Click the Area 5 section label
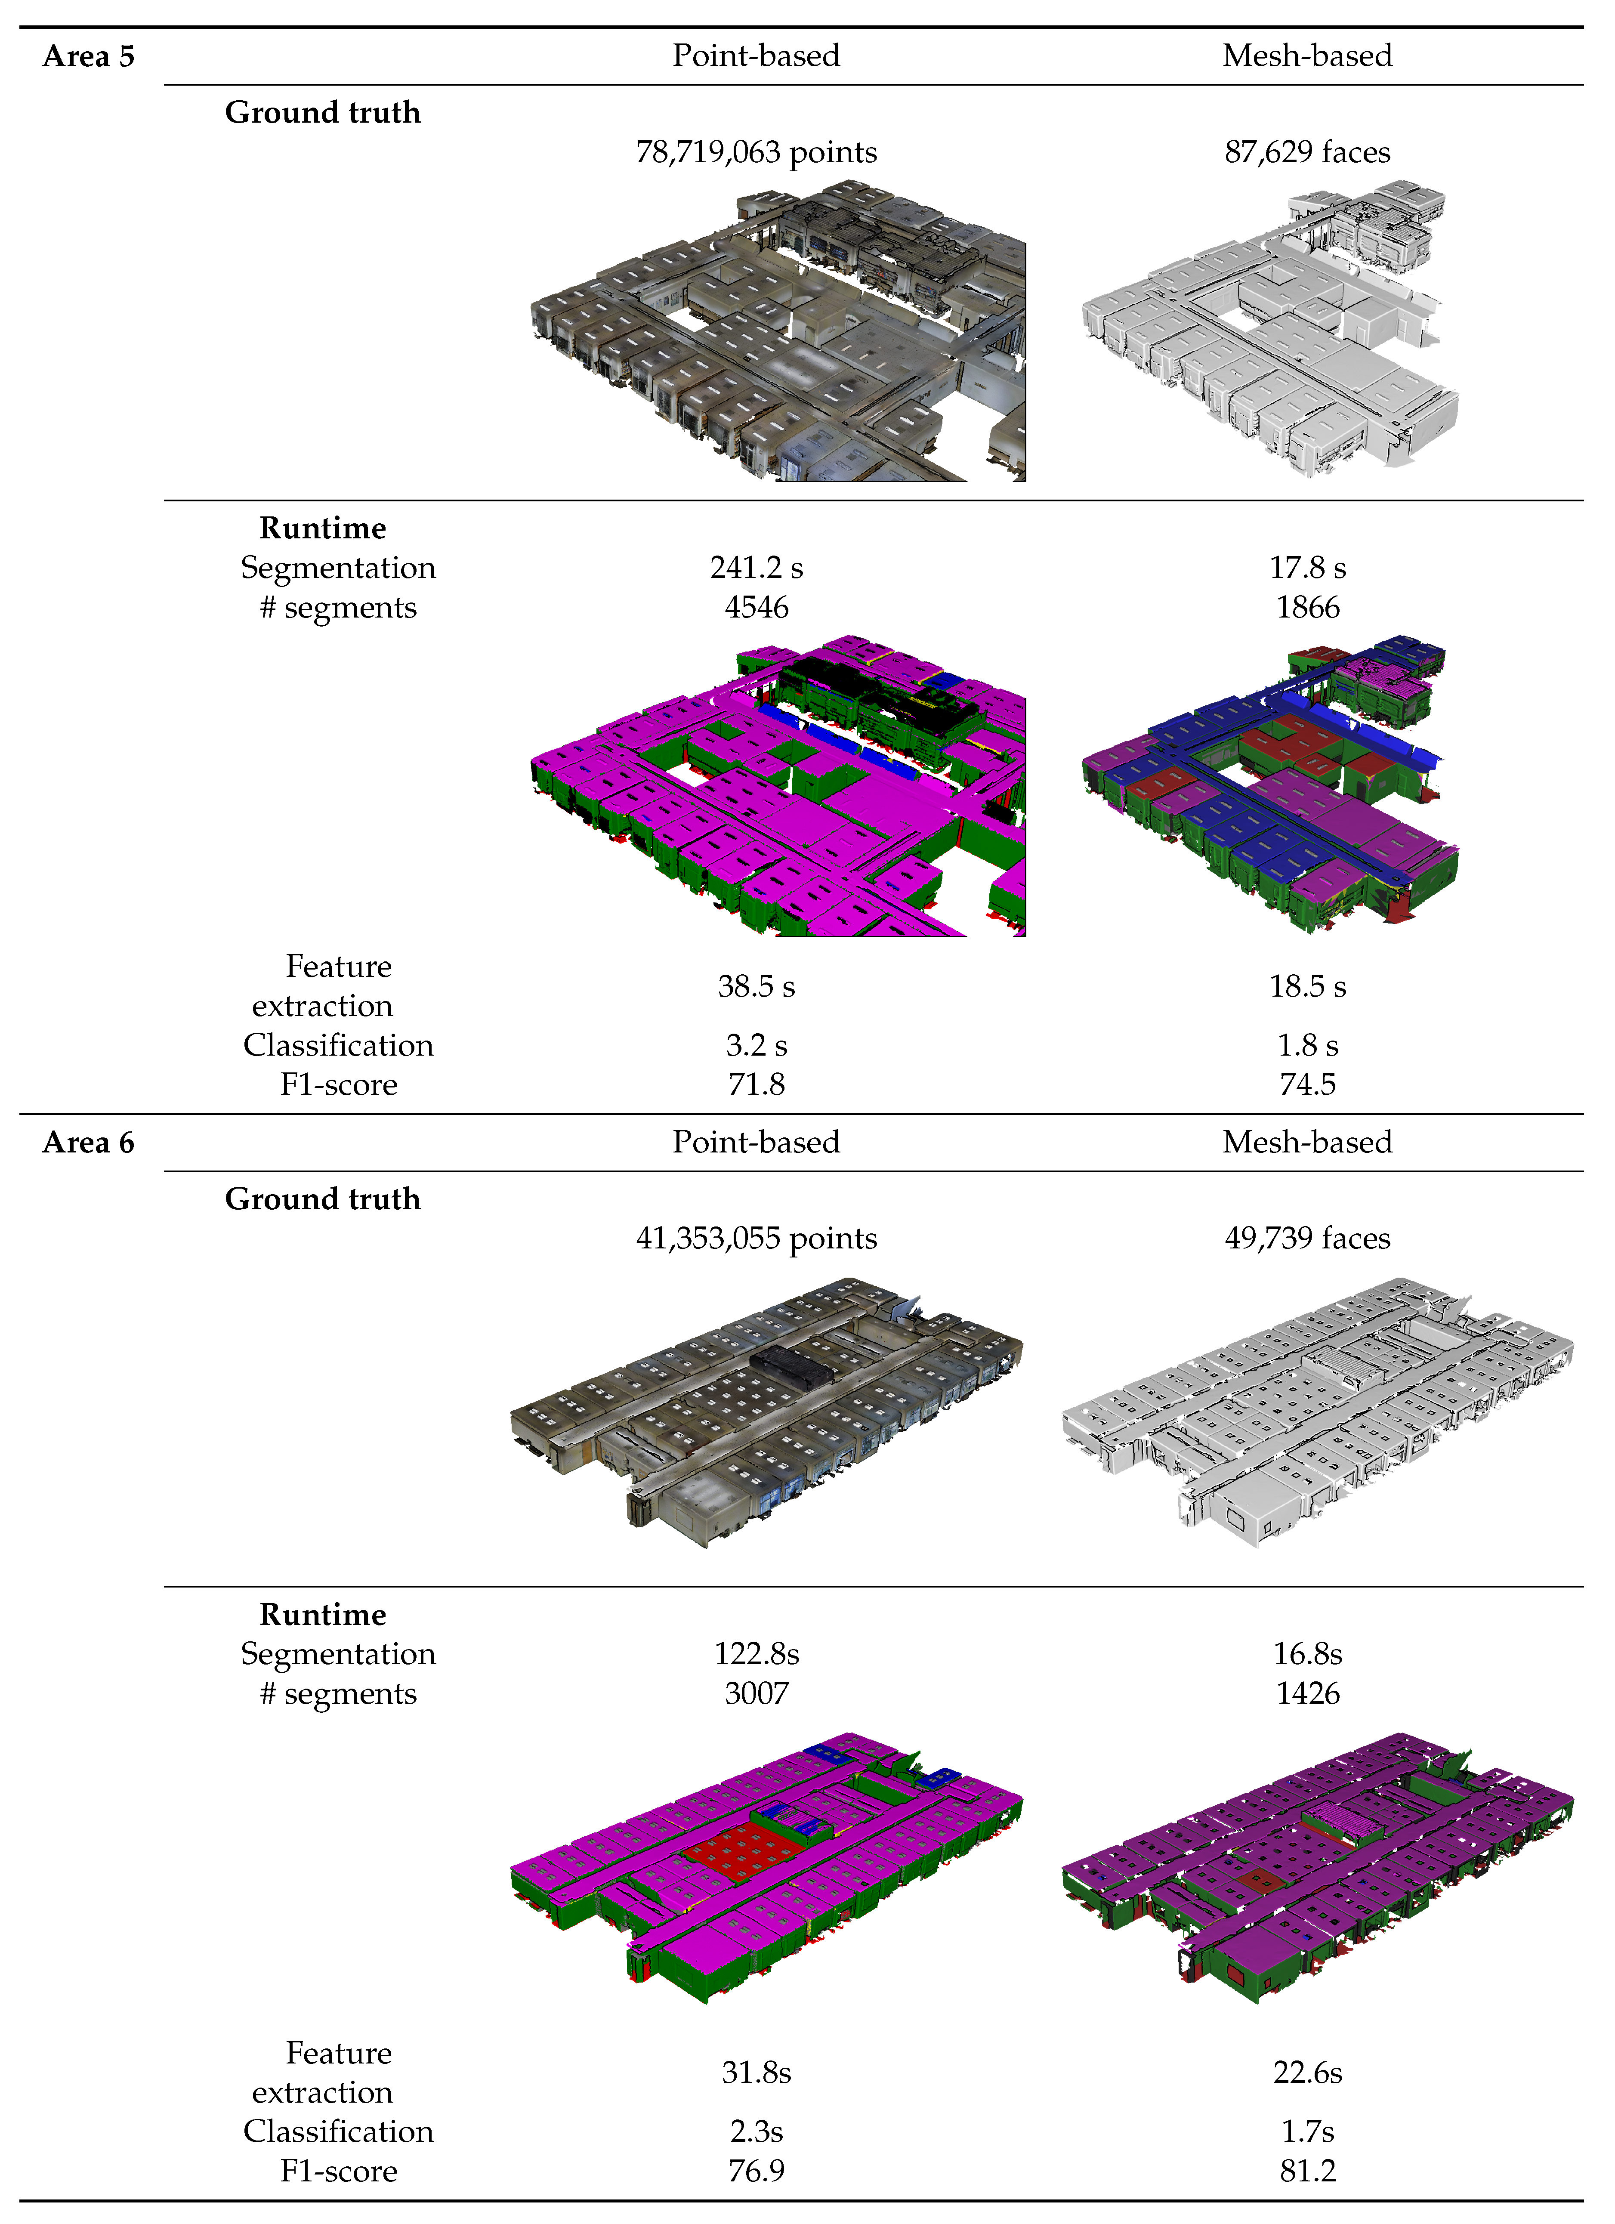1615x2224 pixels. (x=88, y=57)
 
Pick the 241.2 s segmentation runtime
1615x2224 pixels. (x=756, y=568)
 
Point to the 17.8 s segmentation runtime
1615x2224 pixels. (x=1307, y=568)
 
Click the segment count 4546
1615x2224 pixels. (x=756, y=608)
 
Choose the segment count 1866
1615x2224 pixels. (x=1307, y=608)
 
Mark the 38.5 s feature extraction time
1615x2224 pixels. (x=756, y=986)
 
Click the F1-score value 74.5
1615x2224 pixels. (x=1307, y=1084)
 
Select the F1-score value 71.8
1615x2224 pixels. (x=756, y=1084)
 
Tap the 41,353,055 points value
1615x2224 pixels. (x=756, y=1239)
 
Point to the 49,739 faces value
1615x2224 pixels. (x=1307, y=1239)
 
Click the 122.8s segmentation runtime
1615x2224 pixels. (x=756, y=1654)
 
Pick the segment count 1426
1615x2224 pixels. (x=1307, y=1693)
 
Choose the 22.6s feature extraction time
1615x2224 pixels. (x=1307, y=2073)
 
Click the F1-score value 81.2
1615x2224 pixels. (x=1307, y=2171)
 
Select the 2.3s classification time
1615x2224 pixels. (x=756, y=2132)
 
